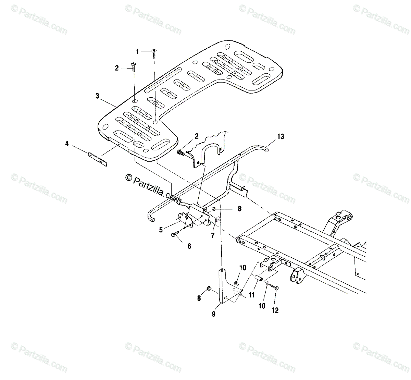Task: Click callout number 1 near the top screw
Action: click(137, 52)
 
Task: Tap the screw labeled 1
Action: click(154, 52)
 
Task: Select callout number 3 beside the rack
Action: click(98, 96)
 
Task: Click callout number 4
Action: click(67, 144)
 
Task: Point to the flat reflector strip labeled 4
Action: click(98, 159)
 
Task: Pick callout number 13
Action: click(281, 137)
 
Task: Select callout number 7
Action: click(212, 235)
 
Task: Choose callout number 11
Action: click(252, 294)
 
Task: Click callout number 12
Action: click(275, 310)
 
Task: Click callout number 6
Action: click(189, 246)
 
